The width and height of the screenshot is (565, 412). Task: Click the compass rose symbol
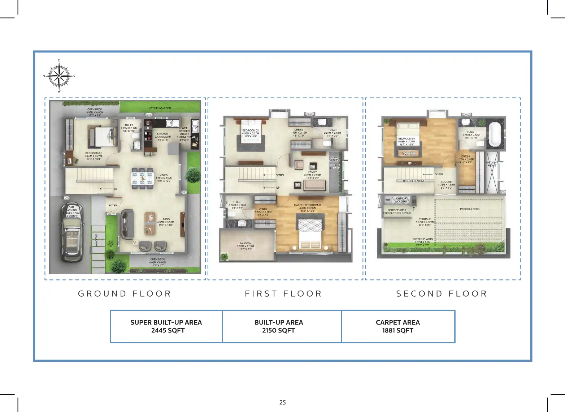[59, 76]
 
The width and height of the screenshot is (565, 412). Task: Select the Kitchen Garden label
[160, 108]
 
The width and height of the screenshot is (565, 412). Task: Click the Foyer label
[113, 205]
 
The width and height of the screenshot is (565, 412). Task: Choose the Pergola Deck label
[470, 209]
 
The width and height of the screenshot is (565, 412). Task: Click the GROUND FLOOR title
[125, 293]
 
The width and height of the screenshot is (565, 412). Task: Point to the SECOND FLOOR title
[442, 293]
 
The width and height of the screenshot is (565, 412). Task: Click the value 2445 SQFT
[168, 330]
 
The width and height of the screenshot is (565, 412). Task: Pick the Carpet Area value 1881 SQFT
[397, 330]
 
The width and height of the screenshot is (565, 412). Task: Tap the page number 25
[282, 402]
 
